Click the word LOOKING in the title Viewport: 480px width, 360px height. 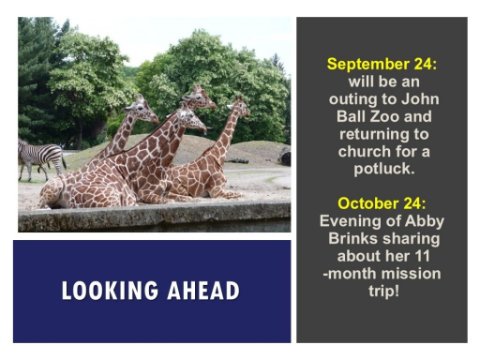110,290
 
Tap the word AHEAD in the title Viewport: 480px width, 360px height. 203,290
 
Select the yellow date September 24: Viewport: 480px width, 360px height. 382,64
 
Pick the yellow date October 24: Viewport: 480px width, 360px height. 382,203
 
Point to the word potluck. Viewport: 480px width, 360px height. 384,169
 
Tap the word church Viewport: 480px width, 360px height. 364,151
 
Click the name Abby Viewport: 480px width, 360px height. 426,222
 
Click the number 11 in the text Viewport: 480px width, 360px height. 421,256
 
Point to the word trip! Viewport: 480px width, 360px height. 384,291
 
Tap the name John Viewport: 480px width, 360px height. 420,99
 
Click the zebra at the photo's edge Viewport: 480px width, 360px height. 41,159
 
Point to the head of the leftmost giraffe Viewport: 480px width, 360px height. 142,109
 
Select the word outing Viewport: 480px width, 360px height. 353,99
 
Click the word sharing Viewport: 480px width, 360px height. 411,239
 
